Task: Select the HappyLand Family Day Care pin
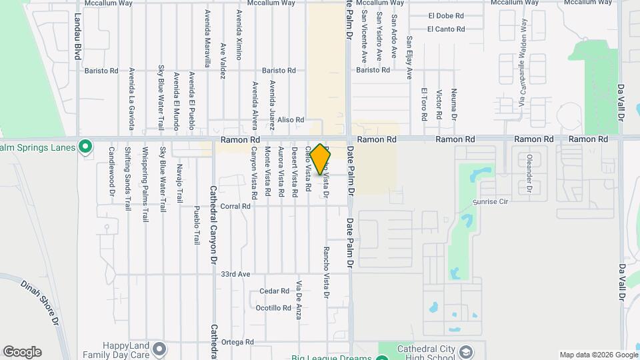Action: (x=159, y=349)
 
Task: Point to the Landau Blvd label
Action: (x=78, y=36)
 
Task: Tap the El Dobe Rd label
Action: (x=445, y=15)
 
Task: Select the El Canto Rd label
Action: (x=445, y=29)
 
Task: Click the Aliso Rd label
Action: (x=291, y=120)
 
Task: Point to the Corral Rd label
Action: (x=235, y=207)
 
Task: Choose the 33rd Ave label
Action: (x=235, y=274)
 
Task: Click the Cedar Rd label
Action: (x=273, y=291)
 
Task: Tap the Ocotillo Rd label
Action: (x=273, y=308)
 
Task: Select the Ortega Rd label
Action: (x=238, y=342)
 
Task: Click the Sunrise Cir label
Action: (x=490, y=201)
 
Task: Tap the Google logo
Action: (x=22, y=352)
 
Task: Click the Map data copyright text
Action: (x=597, y=355)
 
